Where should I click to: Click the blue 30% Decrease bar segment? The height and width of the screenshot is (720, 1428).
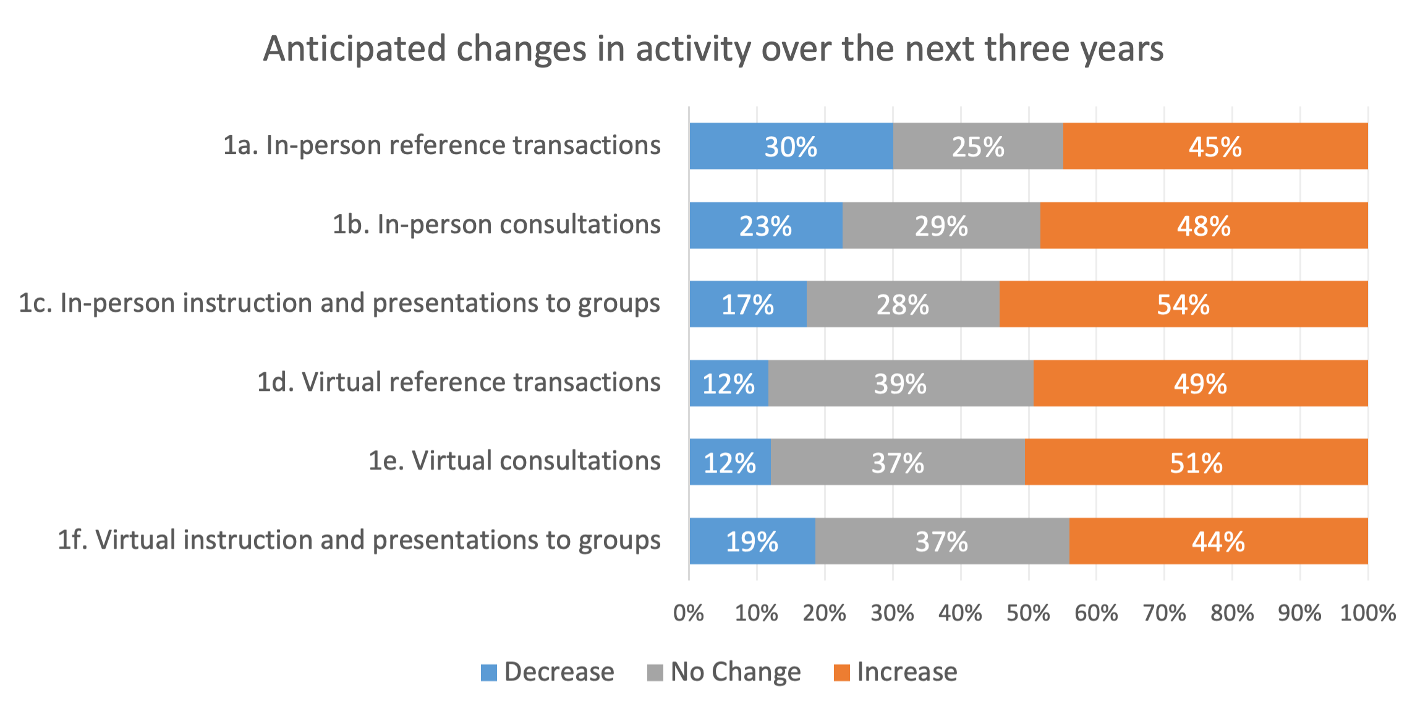(791, 147)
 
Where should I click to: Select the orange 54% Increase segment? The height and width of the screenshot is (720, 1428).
(1183, 304)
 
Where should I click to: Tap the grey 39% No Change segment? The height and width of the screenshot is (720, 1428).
(900, 384)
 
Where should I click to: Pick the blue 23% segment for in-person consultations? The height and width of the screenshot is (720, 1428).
(765, 226)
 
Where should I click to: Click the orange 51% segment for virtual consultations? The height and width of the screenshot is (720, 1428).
(1196, 463)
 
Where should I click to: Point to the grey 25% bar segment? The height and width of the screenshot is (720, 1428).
(977, 147)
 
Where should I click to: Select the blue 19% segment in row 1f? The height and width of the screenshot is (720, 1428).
(752, 541)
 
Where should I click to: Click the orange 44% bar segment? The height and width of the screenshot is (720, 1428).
(1218, 541)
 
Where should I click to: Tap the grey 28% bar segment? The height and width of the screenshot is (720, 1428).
(903, 304)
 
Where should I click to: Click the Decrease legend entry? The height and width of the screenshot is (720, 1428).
(548, 672)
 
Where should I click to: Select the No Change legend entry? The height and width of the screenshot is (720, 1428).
(724, 672)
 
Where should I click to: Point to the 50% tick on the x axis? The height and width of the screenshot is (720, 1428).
(1028, 613)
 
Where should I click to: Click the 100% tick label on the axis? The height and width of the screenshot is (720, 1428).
(1367, 613)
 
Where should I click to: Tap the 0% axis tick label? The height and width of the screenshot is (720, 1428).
(689, 613)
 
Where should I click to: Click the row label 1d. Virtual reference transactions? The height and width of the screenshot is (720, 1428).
(459, 382)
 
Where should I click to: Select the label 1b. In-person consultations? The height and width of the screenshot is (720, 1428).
(496, 224)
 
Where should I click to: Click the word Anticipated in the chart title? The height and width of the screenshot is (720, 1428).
(354, 49)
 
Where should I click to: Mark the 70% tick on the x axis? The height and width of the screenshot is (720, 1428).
(1164, 613)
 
